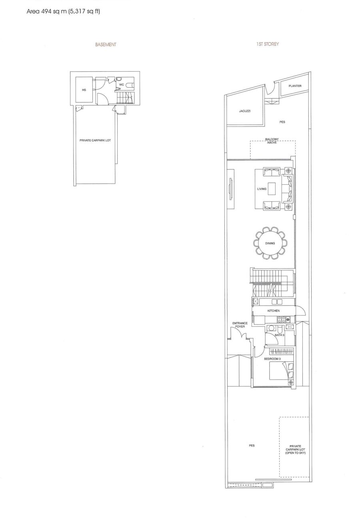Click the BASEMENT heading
pyautogui.click(x=106, y=44)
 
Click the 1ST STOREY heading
pyautogui.click(x=267, y=44)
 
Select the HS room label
pyautogui.click(x=84, y=90)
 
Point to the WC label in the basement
pyautogui.click(x=122, y=85)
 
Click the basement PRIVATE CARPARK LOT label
pyautogui.click(x=95, y=140)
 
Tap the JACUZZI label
pyautogui.click(x=245, y=111)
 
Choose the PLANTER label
pyautogui.click(x=295, y=86)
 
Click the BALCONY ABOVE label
pyautogui.click(x=272, y=141)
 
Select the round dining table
pyautogui.click(x=270, y=243)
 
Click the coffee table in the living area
pyautogui.click(x=272, y=189)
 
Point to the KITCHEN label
pyautogui.click(x=273, y=311)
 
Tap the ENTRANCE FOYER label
pyautogui.click(x=240, y=325)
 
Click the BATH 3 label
pyautogui.click(x=279, y=335)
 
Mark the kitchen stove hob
pyautogui.click(x=283, y=319)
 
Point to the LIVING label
pyautogui.click(x=262, y=189)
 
